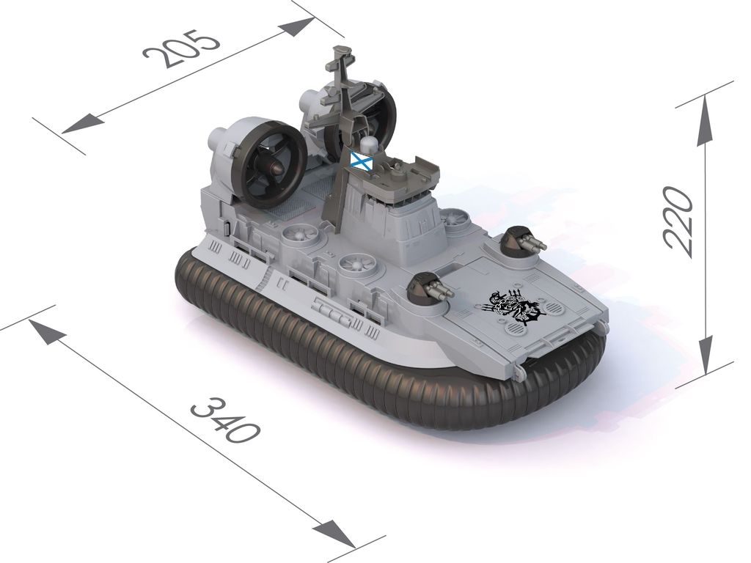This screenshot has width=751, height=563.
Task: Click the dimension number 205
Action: pos(182,48)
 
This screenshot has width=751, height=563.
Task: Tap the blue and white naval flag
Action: pos(362,159)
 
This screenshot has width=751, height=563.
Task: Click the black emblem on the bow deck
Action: pos(513,308)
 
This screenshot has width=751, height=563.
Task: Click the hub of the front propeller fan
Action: pos(274,168)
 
